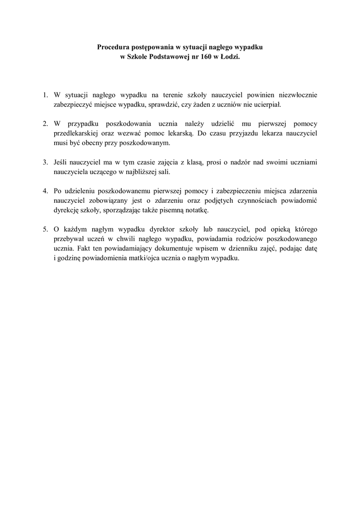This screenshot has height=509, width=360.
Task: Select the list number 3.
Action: click(44, 162)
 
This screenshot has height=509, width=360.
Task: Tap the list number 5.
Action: click(44, 229)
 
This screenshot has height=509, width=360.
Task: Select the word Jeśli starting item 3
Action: click(62, 162)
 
